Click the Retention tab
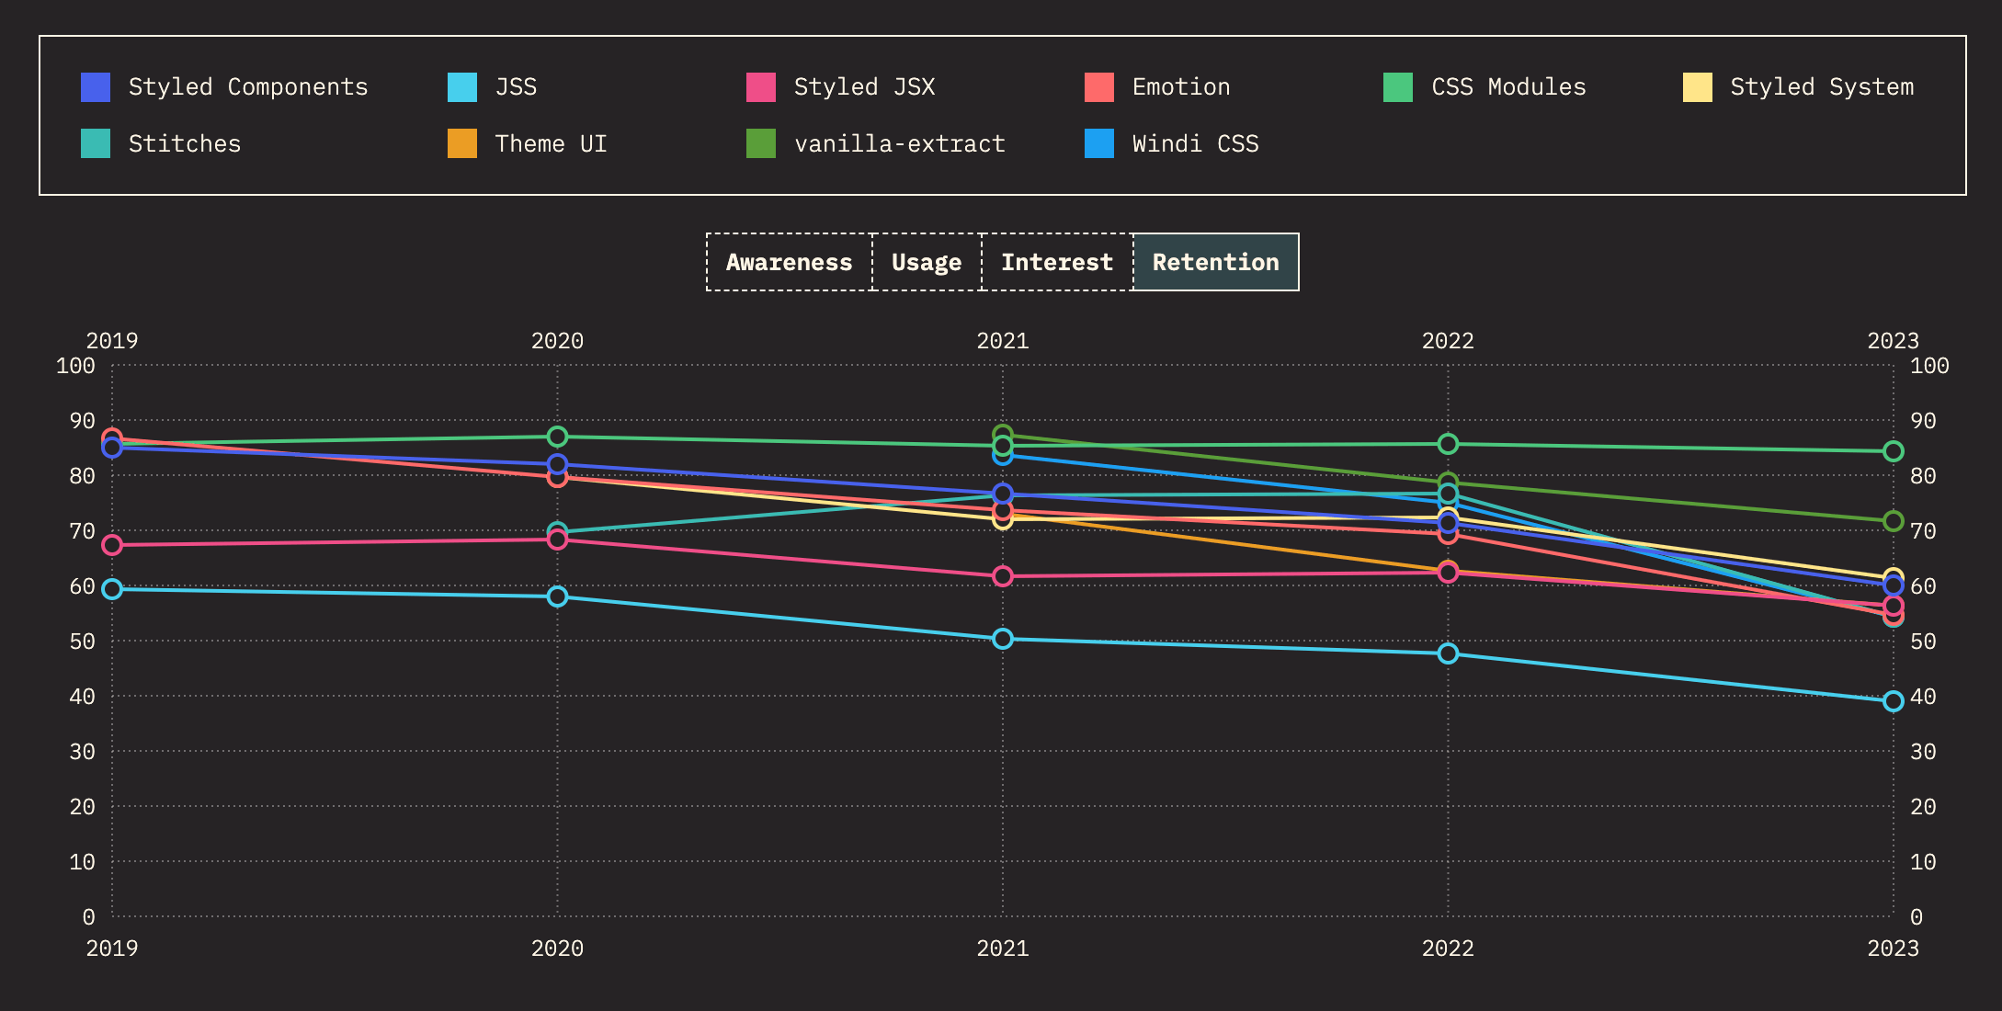point(1215,263)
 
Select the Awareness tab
point(789,263)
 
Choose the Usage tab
point(927,263)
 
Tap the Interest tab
point(1057,263)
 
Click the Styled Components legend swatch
point(96,87)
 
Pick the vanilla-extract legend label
point(899,144)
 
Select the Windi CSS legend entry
point(1195,144)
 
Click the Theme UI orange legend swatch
point(462,144)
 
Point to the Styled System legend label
point(1822,87)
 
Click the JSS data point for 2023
point(1893,701)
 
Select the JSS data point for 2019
point(112,589)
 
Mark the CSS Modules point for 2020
point(557,437)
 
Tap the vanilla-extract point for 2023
point(1893,521)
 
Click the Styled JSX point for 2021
point(1003,576)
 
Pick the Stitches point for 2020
point(557,531)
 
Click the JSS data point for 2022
point(1448,653)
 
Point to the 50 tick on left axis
point(83,642)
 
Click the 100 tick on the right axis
point(1929,366)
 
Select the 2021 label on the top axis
point(1003,341)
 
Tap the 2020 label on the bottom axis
point(557,949)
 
